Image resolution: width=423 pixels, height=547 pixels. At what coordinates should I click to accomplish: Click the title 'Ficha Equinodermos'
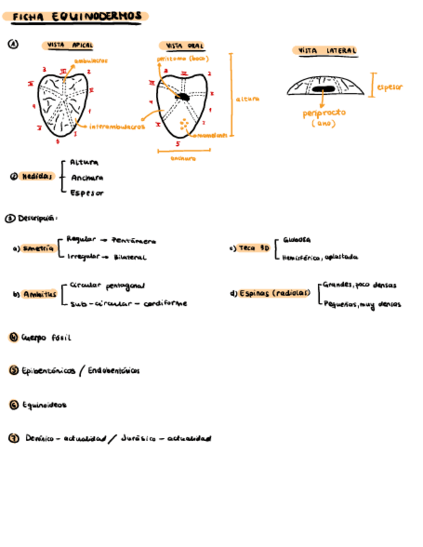(75, 16)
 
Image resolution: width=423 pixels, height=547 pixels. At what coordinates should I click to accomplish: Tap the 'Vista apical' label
(70, 46)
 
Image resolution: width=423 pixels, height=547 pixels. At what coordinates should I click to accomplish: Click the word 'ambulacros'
(91, 61)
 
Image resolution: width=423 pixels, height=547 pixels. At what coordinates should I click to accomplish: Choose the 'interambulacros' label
(116, 127)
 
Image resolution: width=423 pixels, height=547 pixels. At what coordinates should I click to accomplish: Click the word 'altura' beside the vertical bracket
(247, 99)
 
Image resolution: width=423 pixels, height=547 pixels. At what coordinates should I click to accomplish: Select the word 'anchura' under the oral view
(183, 158)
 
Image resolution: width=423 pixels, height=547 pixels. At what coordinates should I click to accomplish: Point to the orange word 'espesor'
(389, 86)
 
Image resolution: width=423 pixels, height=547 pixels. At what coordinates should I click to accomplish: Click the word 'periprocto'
(324, 113)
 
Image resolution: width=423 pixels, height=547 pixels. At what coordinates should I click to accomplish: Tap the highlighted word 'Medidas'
(37, 176)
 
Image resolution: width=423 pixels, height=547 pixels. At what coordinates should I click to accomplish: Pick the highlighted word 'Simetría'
(38, 249)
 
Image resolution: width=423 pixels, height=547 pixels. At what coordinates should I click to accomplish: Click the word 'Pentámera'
(133, 241)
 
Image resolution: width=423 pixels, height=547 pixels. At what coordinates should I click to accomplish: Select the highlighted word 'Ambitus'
(40, 294)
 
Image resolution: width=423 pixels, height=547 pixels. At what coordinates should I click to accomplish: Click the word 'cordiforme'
(166, 303)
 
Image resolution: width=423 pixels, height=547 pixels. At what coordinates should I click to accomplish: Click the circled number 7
(12, 439)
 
